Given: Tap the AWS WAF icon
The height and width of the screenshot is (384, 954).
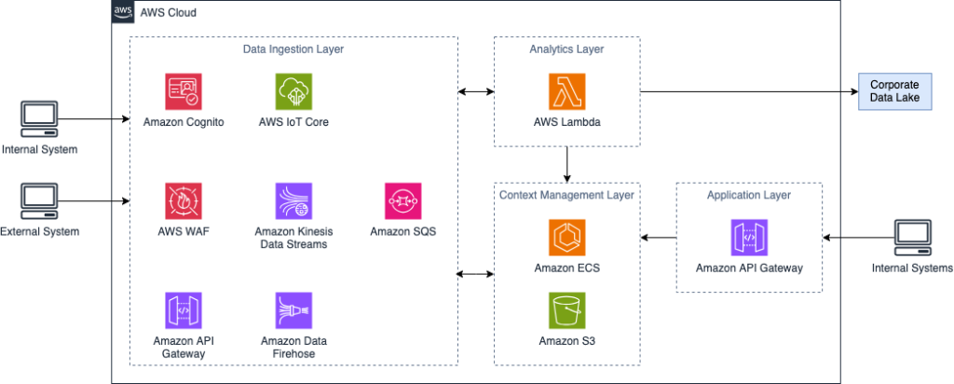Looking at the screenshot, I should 184,201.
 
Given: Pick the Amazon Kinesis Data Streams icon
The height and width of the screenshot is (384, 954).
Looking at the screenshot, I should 293,201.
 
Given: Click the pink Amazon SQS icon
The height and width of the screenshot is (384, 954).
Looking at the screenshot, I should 402,201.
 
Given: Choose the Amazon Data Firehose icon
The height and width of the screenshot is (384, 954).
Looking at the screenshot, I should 293,310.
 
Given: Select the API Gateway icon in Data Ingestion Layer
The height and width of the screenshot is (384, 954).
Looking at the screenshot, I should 184,310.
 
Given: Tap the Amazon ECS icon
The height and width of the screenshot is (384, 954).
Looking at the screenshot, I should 567,239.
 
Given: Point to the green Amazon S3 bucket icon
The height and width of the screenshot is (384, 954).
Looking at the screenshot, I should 567,311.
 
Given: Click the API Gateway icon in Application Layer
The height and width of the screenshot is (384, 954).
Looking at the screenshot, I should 750,239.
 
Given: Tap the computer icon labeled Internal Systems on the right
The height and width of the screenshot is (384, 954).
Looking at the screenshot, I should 912,239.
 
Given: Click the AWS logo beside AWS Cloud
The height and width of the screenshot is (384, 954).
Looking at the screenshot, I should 122,12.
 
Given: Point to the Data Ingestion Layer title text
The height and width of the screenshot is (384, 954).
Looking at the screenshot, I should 293,50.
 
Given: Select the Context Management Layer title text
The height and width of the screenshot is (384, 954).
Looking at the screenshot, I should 566,195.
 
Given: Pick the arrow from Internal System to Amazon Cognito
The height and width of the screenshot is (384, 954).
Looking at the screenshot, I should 93,119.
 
